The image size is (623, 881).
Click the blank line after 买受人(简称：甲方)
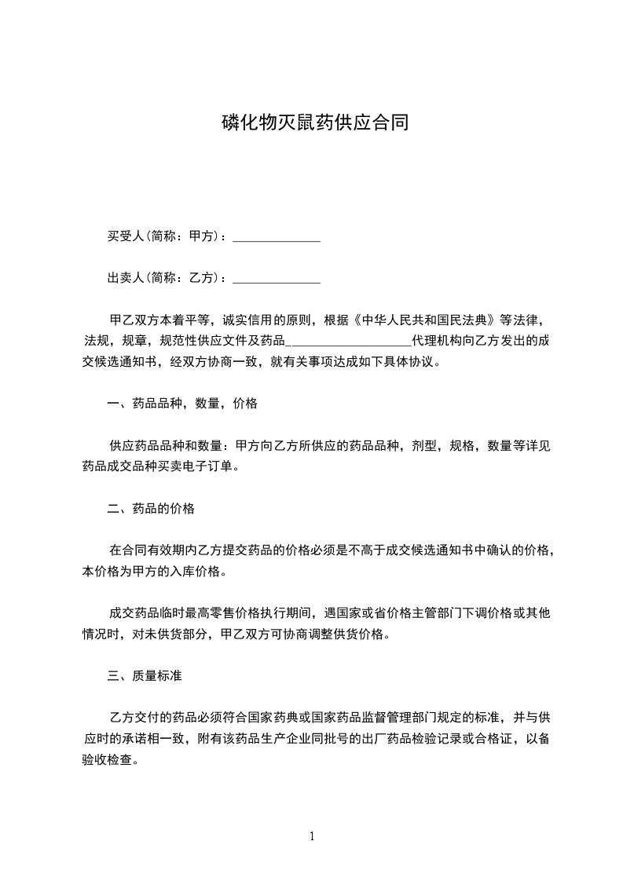coord(277,236)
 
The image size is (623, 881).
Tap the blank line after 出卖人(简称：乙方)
coord(277,278)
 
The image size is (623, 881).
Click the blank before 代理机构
coord(351,342)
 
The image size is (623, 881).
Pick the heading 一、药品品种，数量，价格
coord(182,404)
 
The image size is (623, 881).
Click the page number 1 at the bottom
coord(312,836)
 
